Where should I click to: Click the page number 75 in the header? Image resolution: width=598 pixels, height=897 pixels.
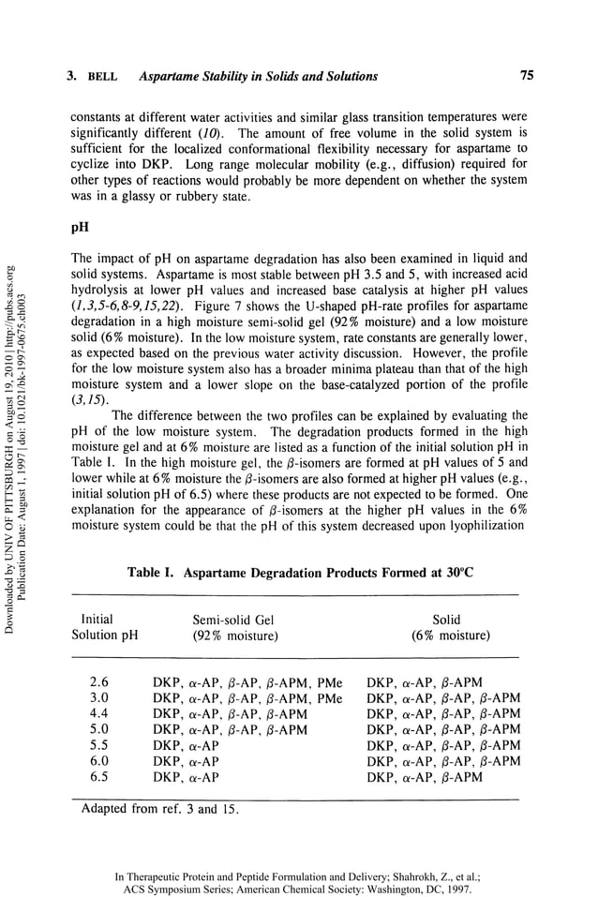(x=526, y=76)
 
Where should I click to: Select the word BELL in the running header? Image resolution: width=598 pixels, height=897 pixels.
(x=101, y=77)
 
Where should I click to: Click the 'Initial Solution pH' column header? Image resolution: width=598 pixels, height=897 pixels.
(x=104, y=628)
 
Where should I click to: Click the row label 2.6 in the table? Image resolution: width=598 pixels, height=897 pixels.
(x=99, y=682)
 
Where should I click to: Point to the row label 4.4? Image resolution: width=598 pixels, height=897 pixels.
(x=99, y=713)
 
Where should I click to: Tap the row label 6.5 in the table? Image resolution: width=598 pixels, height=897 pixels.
(x=99, y=777)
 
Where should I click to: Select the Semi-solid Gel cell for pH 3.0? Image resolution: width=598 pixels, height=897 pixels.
(x=247, y=698)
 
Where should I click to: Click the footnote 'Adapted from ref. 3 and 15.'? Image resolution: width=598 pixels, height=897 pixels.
(x=160, y=808)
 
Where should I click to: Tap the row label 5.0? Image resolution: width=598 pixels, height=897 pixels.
(x=99, y=729)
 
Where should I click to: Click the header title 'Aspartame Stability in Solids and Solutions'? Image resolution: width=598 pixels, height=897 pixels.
(x=259, y=77)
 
